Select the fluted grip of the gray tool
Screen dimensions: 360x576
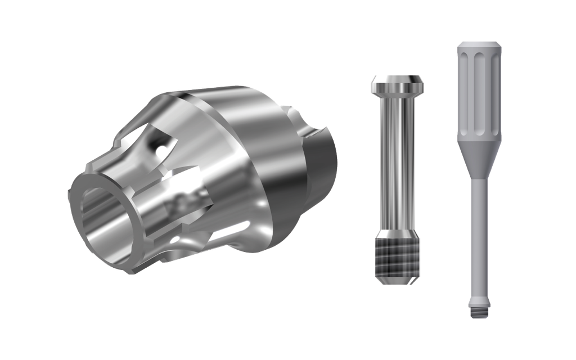(x=478, y=90)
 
